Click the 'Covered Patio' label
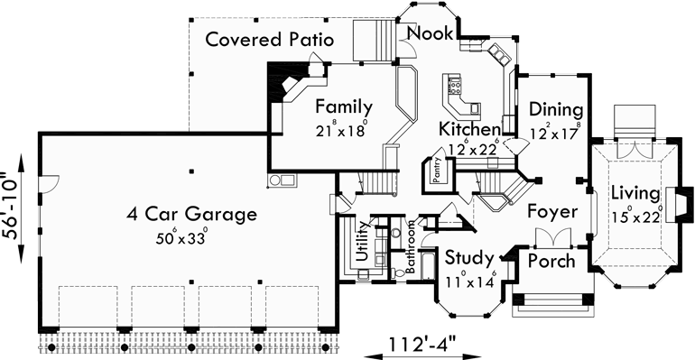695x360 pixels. [270, 40]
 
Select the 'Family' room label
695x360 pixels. [343, 106]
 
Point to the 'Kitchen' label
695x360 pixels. [470, 129]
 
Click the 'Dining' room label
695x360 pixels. [556, 110]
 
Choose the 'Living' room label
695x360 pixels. [634, 192]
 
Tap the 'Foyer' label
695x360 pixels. [551, 213]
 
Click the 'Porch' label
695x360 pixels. [552, 261]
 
